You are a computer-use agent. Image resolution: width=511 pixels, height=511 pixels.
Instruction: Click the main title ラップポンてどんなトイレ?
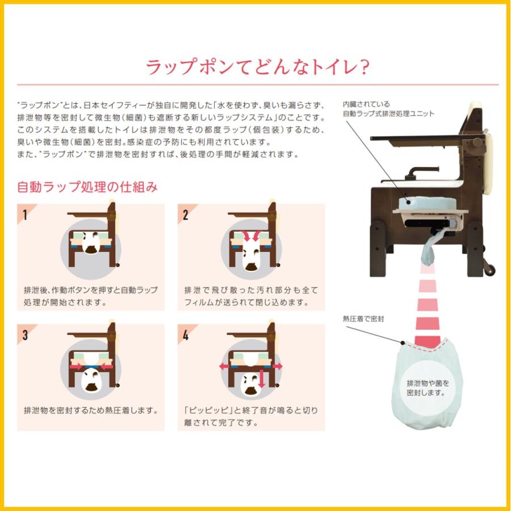point(258,67)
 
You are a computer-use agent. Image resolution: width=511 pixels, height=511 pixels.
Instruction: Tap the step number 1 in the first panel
point(24,215)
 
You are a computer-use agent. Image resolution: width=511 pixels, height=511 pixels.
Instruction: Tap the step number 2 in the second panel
point(185,215)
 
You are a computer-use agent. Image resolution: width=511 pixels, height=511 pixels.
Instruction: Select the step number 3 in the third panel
point(24,335)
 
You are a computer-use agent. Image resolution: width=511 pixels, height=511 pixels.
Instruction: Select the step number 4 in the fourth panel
point(185,335)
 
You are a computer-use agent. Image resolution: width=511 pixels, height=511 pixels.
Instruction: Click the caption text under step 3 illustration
point(91,409)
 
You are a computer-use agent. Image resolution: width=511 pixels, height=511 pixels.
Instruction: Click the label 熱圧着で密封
point(363,319)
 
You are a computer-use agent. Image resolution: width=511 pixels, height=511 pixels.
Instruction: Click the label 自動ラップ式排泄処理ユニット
point(388,114)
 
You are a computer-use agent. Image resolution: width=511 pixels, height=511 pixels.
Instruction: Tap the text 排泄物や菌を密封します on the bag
point(426,387)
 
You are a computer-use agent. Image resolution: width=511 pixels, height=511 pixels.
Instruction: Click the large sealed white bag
point(426,386)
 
